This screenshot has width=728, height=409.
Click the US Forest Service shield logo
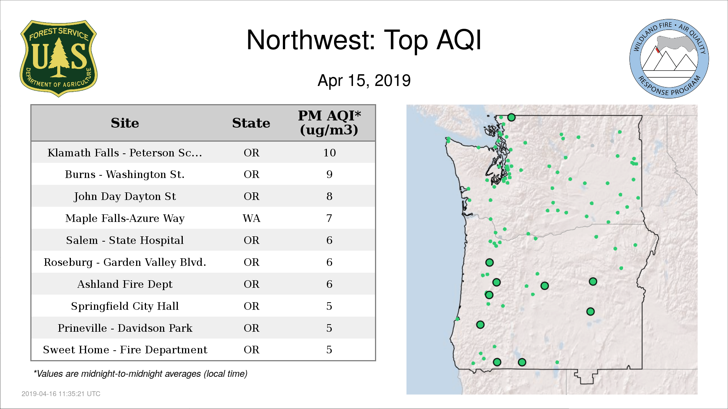(58, 59)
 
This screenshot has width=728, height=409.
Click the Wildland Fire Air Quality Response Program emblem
(669, 59)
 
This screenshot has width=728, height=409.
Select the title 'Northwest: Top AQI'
(364, 40)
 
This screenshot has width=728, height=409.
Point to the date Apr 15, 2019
(364, 80)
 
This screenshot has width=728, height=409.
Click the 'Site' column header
(125, 123)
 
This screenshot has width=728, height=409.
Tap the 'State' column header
(251, 123)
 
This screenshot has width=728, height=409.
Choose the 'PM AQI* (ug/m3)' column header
(329, 123)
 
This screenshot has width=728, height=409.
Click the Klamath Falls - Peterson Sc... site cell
(125, 153)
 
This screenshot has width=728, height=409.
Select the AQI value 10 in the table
(329, 153)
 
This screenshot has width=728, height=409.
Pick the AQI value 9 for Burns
(329, 175)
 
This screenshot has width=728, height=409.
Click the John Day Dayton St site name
(125, 197)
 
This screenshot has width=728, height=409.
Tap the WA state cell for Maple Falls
(251, 219)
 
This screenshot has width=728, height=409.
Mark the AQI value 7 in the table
(329, 219)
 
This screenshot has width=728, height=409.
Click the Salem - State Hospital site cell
(125, 240)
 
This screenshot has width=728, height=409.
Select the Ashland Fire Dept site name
(125, 284)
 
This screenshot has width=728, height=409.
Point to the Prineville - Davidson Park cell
(125, 328)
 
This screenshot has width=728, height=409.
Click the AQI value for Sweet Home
(329, 350)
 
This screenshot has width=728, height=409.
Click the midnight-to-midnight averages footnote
(140, 374)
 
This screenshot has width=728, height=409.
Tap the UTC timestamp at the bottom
(61, 394)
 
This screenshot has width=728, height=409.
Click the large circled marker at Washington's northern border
(511, 117)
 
